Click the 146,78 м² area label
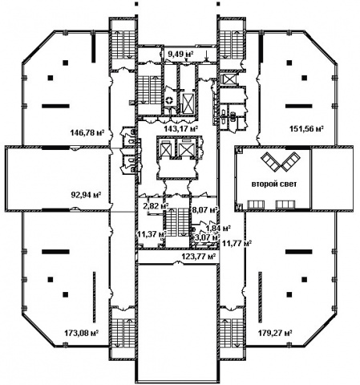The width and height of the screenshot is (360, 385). (x=87, y=132)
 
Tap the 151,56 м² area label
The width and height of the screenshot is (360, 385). (x=307, y=128)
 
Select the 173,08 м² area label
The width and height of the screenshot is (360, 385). (x=82, y=334)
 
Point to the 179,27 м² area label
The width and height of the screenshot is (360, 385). (x=275, y=334)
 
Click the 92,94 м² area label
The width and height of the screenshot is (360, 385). (x=86, y=194)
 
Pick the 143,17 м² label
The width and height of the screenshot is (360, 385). (x=181, y=129)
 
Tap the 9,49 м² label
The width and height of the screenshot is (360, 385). (x=180, y=55)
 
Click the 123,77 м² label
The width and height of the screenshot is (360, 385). (x=199, y=257)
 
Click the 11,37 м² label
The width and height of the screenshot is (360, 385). (x=152, y=234)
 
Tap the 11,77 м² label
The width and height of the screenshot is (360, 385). (x=236, y=243)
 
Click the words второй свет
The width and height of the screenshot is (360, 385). (x=274, y=184)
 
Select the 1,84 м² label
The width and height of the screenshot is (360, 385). (x=218, y=229)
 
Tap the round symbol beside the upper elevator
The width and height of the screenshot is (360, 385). (x=169, y=100)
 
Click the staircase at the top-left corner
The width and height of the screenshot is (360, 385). (x=123, y=44)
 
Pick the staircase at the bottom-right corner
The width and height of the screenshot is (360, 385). (x=231, y=333)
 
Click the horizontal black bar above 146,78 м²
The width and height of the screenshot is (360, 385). (x=55, y=106)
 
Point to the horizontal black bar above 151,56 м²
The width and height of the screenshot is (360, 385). (x=299, y=106)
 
